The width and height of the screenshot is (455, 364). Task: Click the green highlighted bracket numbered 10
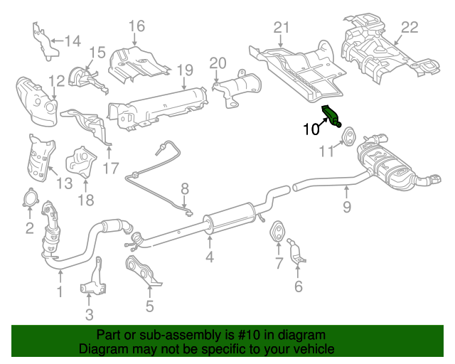(332, 116)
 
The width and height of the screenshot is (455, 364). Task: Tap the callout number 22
(409, 28)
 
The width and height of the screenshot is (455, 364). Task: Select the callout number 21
(282, 28)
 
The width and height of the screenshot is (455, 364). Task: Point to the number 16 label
(136, 27)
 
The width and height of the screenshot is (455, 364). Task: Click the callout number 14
(73, 41)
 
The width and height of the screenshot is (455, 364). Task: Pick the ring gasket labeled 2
(30, 198)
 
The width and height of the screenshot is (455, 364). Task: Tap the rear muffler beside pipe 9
(387, 167)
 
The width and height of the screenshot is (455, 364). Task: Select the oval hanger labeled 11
(349, 136)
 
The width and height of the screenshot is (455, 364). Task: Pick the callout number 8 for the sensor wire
(184, 188)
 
